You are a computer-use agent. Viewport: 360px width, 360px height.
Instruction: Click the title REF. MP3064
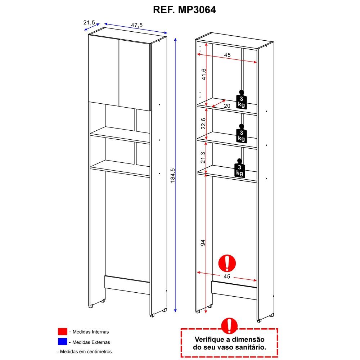[184, 10]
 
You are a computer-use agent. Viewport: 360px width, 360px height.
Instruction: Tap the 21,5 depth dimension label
[89, 22]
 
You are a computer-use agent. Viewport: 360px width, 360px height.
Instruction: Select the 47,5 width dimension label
[137, 25]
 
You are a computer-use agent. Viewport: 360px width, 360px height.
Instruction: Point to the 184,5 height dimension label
[173, 175]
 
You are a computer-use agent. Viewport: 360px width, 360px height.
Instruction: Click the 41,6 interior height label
[204, 74]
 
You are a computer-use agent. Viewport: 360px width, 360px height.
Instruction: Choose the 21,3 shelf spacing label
[203, 158]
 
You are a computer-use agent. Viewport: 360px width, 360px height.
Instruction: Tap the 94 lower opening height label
[203, 243]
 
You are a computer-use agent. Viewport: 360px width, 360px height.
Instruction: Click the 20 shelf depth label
[227, 106]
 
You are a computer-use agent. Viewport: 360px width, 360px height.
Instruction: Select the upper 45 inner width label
[227, 55]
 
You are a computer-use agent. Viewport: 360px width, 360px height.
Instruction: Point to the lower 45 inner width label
[227, 276]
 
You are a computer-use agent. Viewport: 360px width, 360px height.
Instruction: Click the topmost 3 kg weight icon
[241, 99]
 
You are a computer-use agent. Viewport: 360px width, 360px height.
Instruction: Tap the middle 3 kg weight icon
[241, 133]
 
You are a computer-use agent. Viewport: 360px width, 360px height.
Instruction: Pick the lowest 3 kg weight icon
[239, 168]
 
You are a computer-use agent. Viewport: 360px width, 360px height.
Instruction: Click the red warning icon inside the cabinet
[227, 263]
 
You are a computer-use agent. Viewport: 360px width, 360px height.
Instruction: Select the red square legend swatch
[62, 332]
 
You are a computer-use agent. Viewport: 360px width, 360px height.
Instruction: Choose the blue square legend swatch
[62, 342]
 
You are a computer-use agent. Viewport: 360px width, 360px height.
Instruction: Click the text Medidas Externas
[91, 342]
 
